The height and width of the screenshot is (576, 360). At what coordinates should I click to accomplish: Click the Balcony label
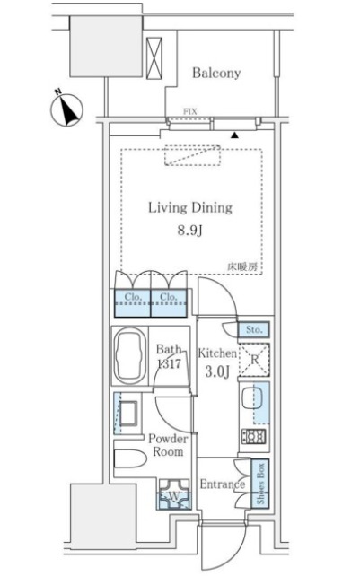[x=216, y=73]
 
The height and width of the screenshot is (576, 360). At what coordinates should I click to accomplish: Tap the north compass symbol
[x=66, y=109]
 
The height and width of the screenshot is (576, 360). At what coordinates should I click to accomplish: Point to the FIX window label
[x=190, y=111]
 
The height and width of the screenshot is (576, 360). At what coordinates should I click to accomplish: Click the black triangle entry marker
[x=234, y=135]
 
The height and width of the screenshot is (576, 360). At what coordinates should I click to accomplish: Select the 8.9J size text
[x=190, y=231]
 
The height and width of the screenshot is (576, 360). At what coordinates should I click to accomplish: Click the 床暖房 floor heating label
[x=242, y=266]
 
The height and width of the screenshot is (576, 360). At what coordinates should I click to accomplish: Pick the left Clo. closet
[x=132, y=303]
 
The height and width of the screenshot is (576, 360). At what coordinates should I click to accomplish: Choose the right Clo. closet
[x=169, y=303]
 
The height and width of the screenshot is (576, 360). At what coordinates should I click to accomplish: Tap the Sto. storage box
[x=253, y=329]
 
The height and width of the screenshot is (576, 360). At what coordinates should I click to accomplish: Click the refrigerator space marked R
[x=254, y=360]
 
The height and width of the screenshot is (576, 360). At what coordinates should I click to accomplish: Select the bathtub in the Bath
[x=128, y=355]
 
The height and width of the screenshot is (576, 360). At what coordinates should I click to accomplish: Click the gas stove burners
[x=253, y=437]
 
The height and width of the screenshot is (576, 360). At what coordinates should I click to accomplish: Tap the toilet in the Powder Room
[x=130, y=458]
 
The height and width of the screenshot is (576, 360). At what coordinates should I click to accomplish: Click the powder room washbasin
[x=128, y=414]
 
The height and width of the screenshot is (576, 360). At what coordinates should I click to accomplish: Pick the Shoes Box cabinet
[x=260, y=484]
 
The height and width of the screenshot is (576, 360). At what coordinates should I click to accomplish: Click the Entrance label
[x=222, y=484]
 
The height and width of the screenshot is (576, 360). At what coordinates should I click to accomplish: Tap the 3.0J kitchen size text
[x=217, y=371]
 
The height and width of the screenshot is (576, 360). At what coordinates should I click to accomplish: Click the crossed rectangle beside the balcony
[x=154, y=58]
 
